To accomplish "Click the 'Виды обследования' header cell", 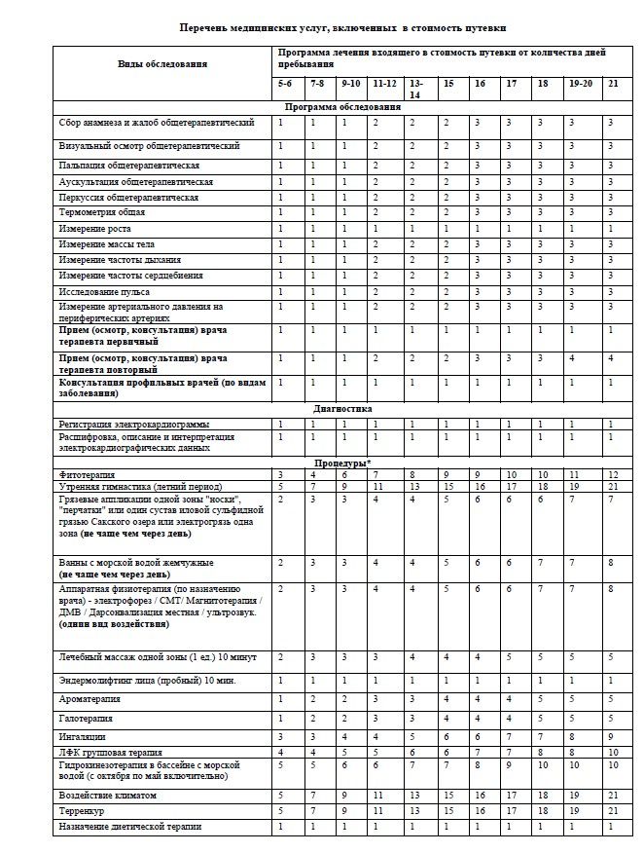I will point(162,64).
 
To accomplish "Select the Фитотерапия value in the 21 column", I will point(611,473).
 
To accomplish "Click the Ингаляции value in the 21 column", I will point(610,736).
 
